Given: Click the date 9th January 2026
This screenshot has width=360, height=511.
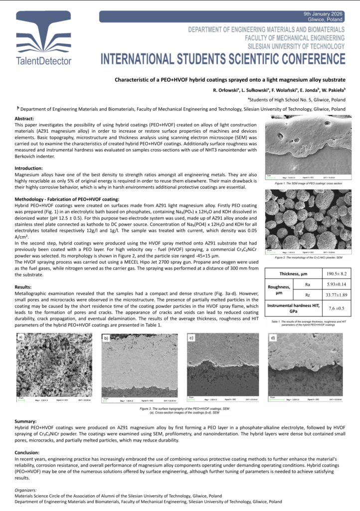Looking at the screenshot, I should pos(324,13).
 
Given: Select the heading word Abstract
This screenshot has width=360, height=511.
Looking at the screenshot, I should pos(24,118).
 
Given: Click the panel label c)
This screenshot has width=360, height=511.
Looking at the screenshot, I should pos(191,338).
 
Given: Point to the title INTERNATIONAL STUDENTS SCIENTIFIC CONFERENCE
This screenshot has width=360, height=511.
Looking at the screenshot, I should pos(223,59).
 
